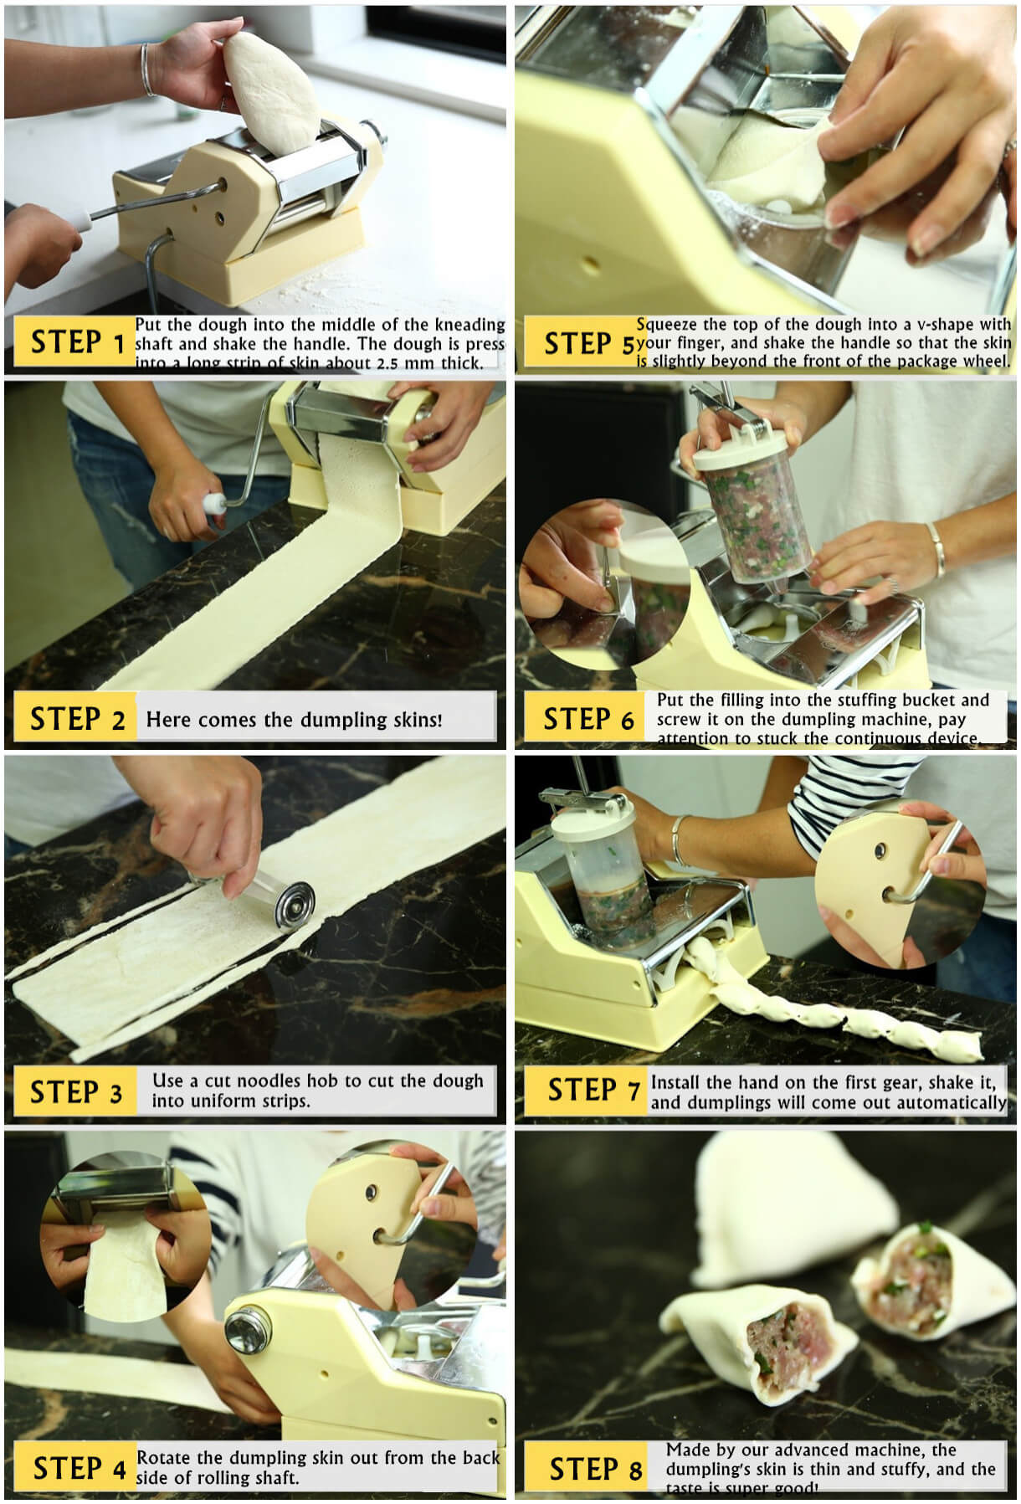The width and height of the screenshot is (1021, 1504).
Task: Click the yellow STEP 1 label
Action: [75, 342]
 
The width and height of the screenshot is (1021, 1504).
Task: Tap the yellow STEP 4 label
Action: [77, 1469]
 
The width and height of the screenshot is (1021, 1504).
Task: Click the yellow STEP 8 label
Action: [593, 1470]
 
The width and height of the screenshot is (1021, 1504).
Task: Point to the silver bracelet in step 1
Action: [146, 69]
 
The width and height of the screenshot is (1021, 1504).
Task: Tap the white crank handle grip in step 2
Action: [215, 505]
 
